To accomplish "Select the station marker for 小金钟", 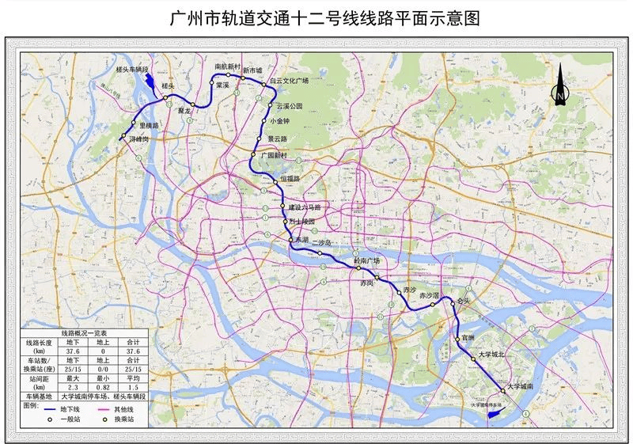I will pyautogui.click(x=264, y=121).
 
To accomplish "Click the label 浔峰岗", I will pyautogui.click(x=139, y=139).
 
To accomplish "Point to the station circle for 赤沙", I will pyautogui.click(x=399, y=292).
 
